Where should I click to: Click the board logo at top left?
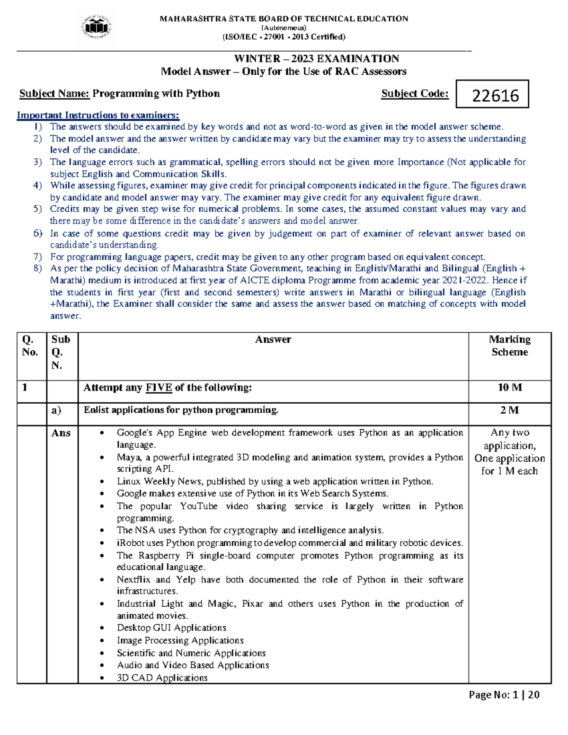coord(97,27)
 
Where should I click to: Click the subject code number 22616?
coord(495,96)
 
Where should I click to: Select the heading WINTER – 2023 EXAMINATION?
coord(317,59)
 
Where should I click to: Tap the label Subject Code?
coord(415,94)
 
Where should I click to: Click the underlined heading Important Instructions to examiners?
coord(98,115)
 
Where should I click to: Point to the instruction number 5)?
coord(38,209)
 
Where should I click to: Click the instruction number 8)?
coord(38,268)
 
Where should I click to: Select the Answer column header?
coord(273,339)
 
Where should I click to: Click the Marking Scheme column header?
coord(509,345)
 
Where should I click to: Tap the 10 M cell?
coord(509,388)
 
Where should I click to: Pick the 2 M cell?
coord(509,410)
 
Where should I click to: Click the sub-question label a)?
coord(56,410)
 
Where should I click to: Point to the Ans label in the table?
coord(61,433)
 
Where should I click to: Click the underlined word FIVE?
coord(159,388)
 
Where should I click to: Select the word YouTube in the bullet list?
coord(199,506)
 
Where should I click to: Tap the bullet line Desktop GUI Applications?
coord(171,628)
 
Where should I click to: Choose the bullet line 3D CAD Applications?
coord(162,678)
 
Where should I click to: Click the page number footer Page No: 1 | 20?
coord(504,695)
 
